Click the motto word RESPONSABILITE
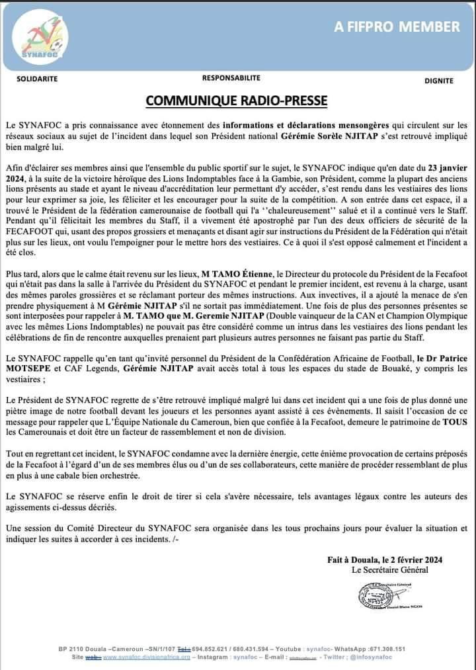tap(231, 78)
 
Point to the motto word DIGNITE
tap(438, 81)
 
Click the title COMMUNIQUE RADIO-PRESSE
tap(237, 101)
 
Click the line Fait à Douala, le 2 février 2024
tap(385, 559)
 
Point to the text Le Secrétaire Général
tap(389, 569)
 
